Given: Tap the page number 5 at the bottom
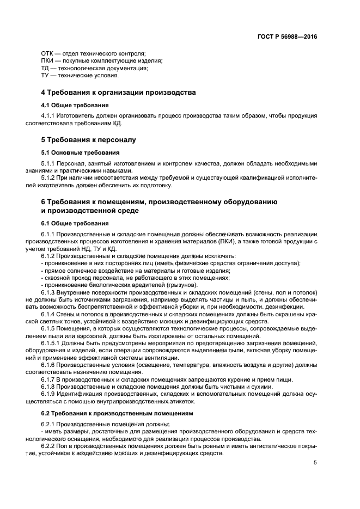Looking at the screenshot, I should tap(315, 463).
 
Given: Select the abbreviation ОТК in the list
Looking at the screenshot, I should tap(48, 53).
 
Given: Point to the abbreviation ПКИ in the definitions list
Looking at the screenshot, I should tap(48, 61).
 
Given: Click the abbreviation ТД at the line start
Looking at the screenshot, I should tap(46, 69).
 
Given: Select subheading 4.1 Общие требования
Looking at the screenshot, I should tap(75, 105).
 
